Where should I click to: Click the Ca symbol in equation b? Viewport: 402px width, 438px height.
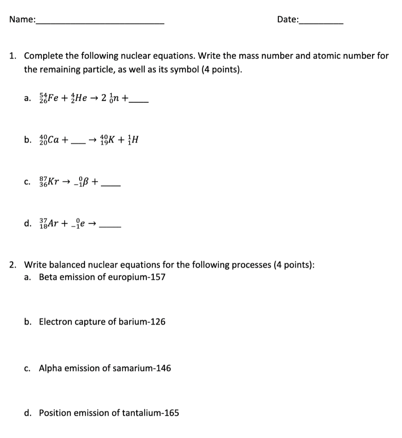click(54, 139)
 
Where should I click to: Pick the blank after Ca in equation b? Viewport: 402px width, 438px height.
click(78, 143)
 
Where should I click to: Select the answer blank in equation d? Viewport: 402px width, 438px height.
click(110, 227)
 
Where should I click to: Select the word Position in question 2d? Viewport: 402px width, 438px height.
click(53, 413)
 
